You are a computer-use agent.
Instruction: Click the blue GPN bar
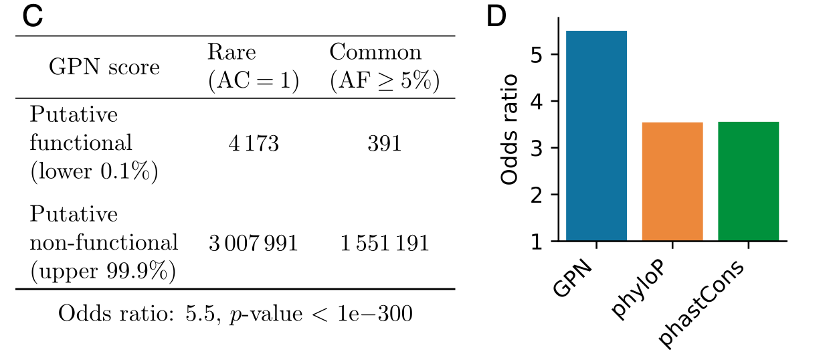(x=596, y=136)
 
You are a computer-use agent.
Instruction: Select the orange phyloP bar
(x=672, y=181)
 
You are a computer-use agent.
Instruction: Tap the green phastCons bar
(x=748, y=181)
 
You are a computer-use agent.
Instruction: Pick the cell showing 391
(x=384, y=143)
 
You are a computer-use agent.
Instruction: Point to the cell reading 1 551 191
(x=384, y=242)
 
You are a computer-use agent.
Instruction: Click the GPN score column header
(x=104, y=67)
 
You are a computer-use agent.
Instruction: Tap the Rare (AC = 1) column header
(x=252, y=67)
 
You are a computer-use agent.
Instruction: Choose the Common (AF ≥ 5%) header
(x=384, y=67)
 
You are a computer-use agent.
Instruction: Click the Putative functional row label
(x=94, y=143)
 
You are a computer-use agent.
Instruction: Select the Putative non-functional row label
(x=104, y=242)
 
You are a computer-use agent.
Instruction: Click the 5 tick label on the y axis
(x=535, y=54)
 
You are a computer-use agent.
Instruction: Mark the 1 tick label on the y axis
(x=535, y=242)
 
